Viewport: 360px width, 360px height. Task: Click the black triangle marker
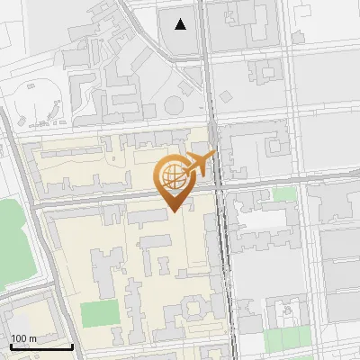click(x=181, y=24)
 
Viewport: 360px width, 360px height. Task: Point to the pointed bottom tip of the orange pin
click(x=174, y=210)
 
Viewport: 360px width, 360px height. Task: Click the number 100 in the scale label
click(x=19, y=337)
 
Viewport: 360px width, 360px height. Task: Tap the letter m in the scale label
click(x=32, y=337)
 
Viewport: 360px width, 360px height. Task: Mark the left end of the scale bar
click(x=11, y=346)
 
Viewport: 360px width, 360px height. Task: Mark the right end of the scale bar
click(x=72, y=346)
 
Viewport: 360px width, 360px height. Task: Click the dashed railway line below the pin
click(x=221, y=270)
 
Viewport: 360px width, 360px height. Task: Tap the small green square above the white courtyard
click(x=284, y=194)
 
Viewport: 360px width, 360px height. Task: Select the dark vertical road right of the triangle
click(x=206, y=54)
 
